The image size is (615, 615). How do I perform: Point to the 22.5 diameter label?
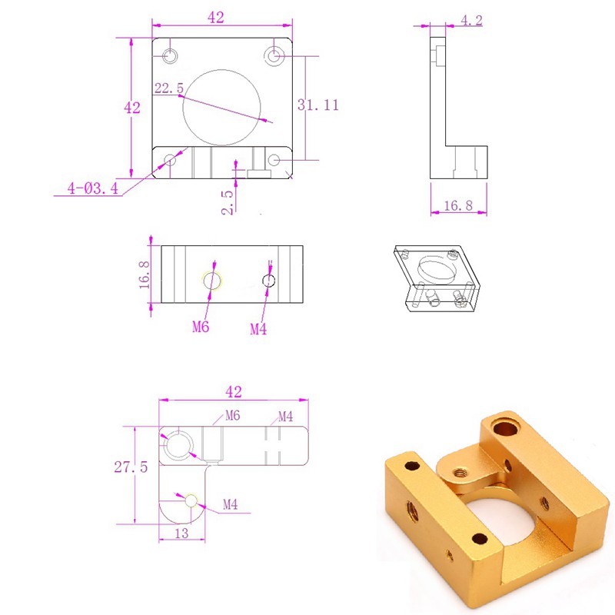click(x=168, y=88)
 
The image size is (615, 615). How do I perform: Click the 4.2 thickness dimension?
click(x=471, y=21)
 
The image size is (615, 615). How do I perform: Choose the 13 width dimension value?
click(x=181, y=534)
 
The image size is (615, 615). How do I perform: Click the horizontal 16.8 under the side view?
click(x=458, y=205)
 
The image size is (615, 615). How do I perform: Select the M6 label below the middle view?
click(x=201, y=327)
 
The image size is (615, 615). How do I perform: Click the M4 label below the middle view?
click(x=260, y=329)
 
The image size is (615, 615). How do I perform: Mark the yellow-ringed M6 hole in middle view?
click(x=211, y=281)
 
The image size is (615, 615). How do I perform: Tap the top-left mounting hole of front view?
click(x=170, y=55)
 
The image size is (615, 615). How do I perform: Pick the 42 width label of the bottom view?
click(x=234, y=391)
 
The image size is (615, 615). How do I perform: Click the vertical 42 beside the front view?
click(x=132, y=108)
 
